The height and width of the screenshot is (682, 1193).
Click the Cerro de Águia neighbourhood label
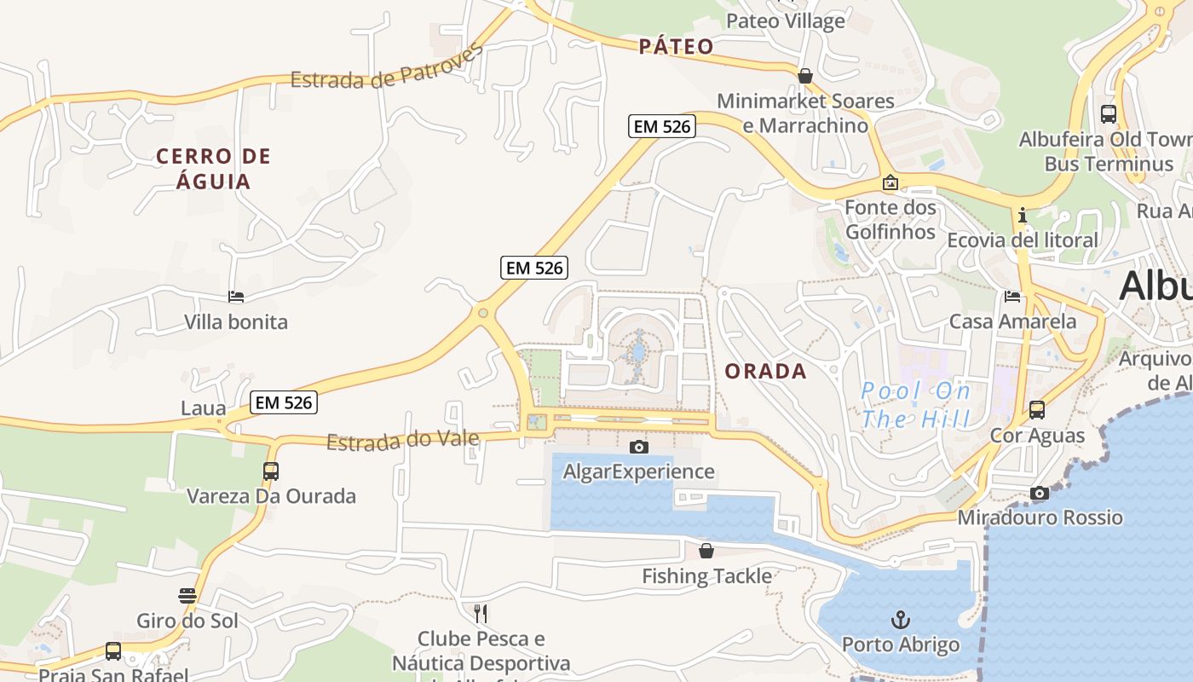click(213, 169)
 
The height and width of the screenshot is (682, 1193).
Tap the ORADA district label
click(765, 371)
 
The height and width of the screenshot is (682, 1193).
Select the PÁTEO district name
click(676, 46)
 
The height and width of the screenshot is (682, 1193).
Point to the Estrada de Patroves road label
click(387, 68)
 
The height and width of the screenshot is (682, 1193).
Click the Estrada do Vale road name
click(402, 441)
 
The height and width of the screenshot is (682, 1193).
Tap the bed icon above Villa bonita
click(236, 297)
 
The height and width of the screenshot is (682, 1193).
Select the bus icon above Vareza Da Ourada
click(270, 471)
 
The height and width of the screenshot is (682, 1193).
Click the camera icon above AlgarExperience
click(638, 447)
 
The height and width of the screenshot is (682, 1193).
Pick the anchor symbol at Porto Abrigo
click(900, 620)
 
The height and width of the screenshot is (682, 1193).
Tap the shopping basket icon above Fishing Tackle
click(706, 551)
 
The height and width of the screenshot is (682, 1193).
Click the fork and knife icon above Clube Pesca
click(481, 613)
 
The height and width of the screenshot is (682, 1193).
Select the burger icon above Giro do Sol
click(187, 595)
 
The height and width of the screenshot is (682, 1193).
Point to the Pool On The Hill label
click(915, 405)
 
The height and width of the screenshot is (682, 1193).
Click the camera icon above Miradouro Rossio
click(1039, 493)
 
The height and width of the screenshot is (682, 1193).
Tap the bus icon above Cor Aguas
click(1037, 410)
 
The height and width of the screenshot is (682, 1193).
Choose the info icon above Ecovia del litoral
click(1023, 215)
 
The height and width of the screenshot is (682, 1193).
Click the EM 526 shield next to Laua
click(284, 402)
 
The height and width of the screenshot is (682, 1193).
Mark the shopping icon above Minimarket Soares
click(804, 76)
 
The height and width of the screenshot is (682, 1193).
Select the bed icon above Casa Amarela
click(1012, 297)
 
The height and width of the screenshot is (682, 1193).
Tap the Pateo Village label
click(785, 20)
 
